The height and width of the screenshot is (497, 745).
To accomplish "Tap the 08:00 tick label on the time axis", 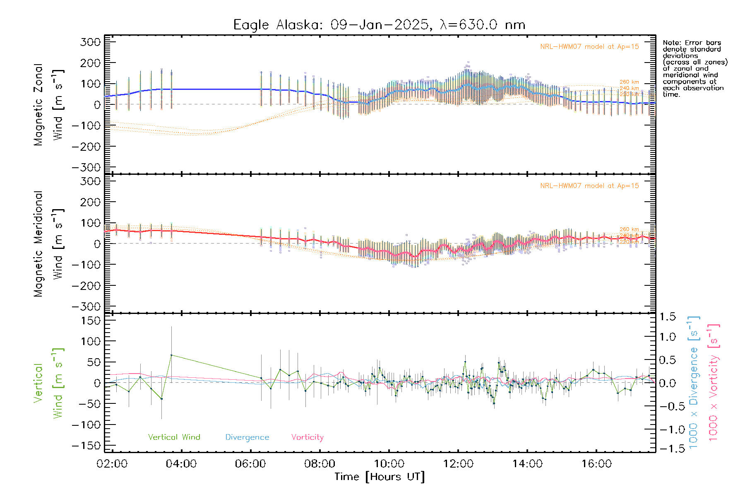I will coord(320,464).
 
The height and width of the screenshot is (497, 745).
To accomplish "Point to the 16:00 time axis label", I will coord(596,464).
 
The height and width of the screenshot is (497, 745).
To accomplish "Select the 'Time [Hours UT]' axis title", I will coord(379,477).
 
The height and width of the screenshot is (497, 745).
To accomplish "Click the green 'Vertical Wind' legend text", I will coord(174,437).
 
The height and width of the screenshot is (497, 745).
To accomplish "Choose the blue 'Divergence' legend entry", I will coord(247,437).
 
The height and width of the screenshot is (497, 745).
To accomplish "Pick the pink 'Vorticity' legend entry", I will coord(307,437).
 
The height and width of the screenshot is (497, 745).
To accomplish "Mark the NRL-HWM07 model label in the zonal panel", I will coord(589,47).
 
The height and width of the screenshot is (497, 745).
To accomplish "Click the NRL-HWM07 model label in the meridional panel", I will coord(589,186).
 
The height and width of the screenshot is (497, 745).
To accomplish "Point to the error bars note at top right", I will coord(695,68).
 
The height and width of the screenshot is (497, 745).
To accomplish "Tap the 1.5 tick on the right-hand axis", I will coord(667,317).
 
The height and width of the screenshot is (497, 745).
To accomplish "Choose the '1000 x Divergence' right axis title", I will coord(694,382).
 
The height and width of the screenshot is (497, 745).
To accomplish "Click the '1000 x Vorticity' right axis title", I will coord(714,382).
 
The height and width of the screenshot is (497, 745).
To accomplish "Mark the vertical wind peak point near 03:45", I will coord(171,355).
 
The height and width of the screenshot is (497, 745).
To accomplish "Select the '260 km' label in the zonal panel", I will coord(629,82).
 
